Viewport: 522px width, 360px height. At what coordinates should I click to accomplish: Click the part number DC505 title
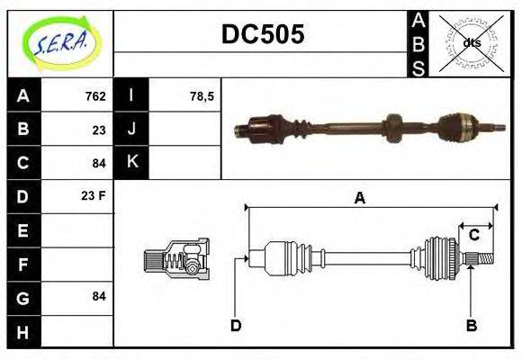click(x=263, y=34)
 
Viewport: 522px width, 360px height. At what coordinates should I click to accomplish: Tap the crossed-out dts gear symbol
click(x=472, y=42)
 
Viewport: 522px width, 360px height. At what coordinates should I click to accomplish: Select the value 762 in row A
click(x=95, y=96)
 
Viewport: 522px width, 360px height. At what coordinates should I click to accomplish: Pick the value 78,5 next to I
click(x=201, y=96)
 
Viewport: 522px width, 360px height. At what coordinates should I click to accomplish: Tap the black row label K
click(x=132, y=163)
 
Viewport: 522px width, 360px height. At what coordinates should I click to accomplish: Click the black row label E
click(x=23, y=229)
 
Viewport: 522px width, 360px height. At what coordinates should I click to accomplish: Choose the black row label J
click(x=132, y=130)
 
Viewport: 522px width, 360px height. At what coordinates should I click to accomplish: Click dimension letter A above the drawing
click(x=359, y=198)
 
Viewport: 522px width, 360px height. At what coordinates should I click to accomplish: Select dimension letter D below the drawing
click(x=236, y=325)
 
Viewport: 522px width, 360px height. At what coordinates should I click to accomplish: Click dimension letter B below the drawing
click(x=470, y=325)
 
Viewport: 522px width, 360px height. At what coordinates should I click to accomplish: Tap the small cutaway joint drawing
click(x=176, y=258)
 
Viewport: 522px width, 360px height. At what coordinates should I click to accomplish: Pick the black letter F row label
click(x=23, y=263)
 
